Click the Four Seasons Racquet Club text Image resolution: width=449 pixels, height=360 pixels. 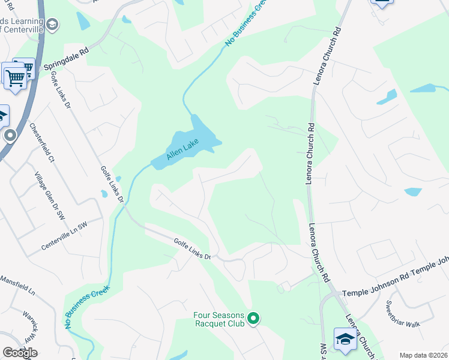tap(220, 318)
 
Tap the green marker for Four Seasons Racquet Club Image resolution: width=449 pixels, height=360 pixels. tap(254, 317)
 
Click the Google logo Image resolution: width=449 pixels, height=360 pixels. tap(20, 352)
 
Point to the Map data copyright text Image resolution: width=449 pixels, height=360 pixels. tap(424, 355)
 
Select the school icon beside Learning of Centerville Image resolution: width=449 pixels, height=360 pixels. tap(52, 25)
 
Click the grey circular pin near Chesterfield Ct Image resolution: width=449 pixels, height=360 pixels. tap(10, 136)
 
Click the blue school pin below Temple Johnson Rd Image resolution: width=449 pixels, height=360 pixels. tap(345, 340)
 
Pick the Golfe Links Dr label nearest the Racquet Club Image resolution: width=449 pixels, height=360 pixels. tap(192, 248)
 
